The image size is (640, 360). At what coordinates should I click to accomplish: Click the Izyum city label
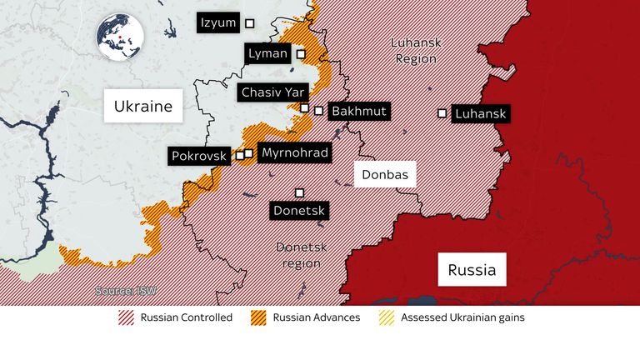click(218, 22)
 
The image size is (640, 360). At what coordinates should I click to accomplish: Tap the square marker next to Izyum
click(249, 23)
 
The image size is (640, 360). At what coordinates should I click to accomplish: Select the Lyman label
click(268, 54)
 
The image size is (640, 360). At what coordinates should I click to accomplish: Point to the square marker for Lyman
click(301, 54)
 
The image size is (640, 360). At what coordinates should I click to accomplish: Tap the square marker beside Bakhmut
click(318, 110)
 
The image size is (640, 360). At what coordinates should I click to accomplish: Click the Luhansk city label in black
click(481, 113)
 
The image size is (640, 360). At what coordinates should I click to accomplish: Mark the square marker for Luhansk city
click(442, 112)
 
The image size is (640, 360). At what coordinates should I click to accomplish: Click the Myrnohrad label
click(294, 152)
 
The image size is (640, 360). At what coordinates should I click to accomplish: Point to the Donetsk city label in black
click(299, 211)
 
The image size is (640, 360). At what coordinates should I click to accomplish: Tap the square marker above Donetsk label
click(299, 192)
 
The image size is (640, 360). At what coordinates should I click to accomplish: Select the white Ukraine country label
click(143, 107)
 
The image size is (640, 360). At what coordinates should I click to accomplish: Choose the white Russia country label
click(472, 270)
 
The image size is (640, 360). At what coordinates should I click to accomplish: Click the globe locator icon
click(119, 37)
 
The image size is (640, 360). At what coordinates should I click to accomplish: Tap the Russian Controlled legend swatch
click(127, 317)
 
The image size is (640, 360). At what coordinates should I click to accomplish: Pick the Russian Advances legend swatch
click(258, 317)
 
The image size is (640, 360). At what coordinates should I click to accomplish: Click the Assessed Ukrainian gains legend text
click(462, 317)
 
